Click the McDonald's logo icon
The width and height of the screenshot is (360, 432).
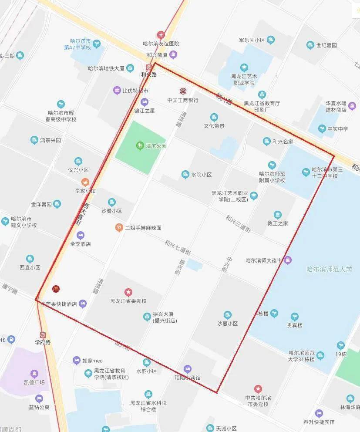pos(56,288)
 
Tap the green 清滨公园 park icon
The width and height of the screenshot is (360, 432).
pos(140,145)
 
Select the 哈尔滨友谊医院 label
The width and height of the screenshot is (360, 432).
pos(161,44)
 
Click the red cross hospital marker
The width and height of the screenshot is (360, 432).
pos(161,34)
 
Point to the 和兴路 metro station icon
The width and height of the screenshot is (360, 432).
pos(149,67)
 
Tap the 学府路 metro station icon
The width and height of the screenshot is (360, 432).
pos(43,335)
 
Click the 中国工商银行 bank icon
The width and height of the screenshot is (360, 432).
pos(183,91)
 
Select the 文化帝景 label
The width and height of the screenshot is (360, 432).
pos(214,126)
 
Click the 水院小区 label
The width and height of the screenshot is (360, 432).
pos(201,175)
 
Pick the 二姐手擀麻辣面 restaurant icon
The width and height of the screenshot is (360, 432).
pos(118,227)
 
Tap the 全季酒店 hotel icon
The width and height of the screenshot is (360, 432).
pos(80,235)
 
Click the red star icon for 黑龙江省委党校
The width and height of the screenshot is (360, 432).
pos(128,292)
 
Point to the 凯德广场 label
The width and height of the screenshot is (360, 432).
pos(34,382)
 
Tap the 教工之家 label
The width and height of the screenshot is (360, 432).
pos(277,223)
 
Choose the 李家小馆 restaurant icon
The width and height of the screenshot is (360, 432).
pos(85,182)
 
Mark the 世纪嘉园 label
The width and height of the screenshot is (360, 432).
pos(326,45)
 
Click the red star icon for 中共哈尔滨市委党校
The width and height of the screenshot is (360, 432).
pos(258,388)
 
